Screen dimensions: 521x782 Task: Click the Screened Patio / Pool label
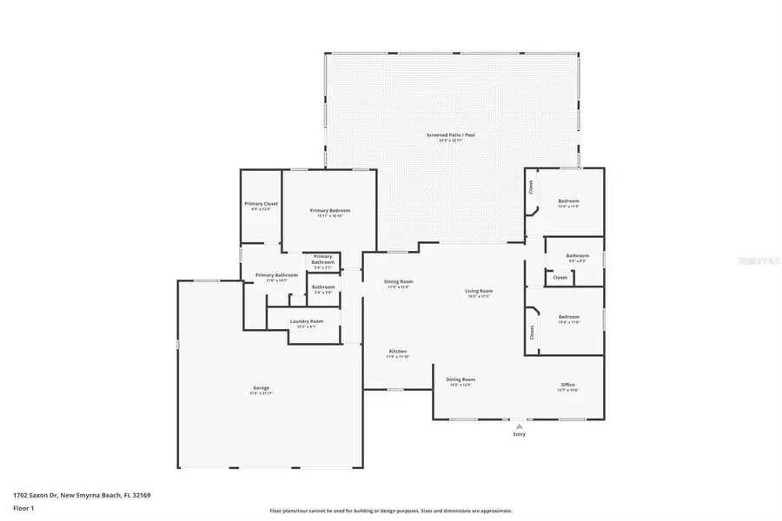[450, 135]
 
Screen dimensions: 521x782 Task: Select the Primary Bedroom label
[330, 211]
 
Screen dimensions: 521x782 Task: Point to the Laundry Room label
[306, 321]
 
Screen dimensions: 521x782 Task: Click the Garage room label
[261, 387]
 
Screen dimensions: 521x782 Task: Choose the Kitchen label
[397, 352]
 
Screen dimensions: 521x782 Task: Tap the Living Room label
[479, 291]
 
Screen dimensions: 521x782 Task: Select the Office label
[567, 385]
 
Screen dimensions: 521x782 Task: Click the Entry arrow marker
[519, 425]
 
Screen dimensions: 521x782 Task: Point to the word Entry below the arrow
[519, 435]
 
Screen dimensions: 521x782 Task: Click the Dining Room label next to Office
[460, 379]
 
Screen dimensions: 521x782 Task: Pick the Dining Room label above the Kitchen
[398, 281]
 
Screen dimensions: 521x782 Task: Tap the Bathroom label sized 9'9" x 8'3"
[577, 256]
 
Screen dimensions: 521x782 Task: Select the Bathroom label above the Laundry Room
[323, 287]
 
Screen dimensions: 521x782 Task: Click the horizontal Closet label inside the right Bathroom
[560, 278]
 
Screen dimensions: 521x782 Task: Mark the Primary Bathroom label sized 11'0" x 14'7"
[276, 275]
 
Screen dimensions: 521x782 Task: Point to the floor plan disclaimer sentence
[390, 511]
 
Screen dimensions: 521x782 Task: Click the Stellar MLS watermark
[752, 258]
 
